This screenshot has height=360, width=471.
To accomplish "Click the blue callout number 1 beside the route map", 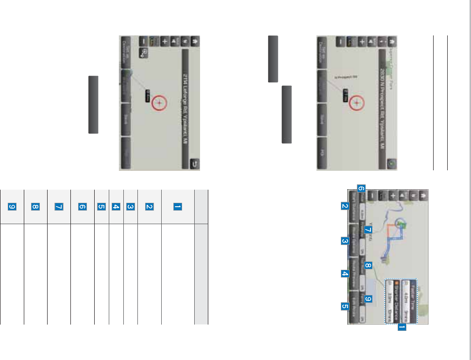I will [402, 328].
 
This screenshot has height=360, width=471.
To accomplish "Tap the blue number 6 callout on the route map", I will [361, 187].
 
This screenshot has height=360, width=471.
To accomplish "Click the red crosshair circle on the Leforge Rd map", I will [159, 103].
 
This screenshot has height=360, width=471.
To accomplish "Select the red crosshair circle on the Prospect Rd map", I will [357, 103].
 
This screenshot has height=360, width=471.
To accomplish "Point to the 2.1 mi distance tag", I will [345, 95].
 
